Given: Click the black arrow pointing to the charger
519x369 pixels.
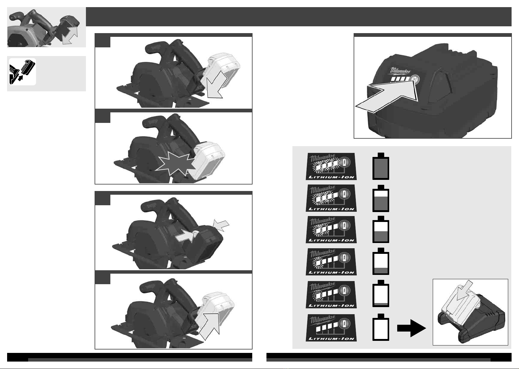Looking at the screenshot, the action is point(411,328).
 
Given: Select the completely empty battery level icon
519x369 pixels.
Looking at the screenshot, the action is point(381,327).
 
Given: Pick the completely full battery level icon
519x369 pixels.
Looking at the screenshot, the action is point(381,166).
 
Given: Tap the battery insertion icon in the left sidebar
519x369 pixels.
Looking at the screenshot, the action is point(23,72).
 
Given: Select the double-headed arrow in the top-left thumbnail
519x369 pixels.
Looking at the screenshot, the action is point(70,35).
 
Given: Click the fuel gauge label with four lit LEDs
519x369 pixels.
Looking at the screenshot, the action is point(331,167).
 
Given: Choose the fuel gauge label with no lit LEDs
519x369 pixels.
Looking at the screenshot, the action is point(331,328).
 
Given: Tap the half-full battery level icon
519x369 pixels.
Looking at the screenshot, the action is point(381,229).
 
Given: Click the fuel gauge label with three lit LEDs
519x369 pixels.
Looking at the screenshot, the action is point(331,198).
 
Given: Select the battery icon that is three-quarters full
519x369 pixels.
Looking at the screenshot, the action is point(381,198).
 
